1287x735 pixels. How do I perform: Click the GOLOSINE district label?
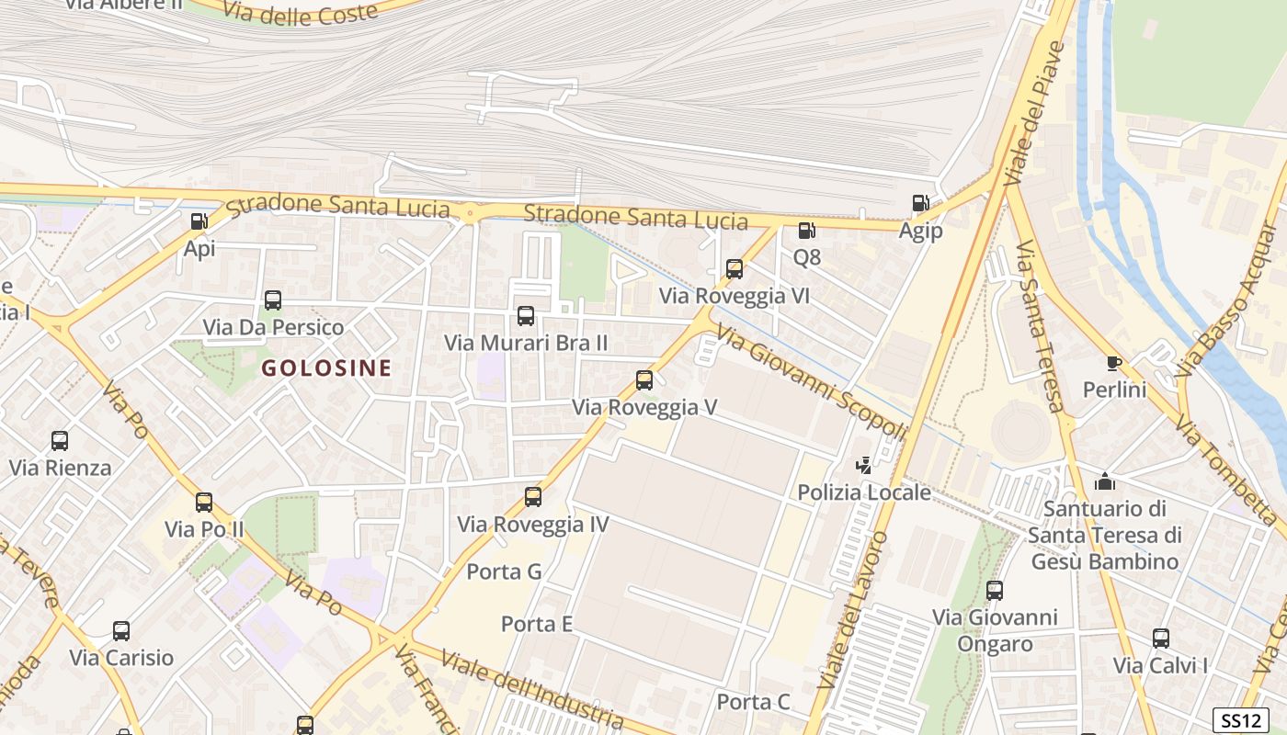click(x=326, y=368)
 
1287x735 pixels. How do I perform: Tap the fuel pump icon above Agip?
click(x=920, y=203)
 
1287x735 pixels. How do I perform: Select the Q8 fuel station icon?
click(x=806, y=231)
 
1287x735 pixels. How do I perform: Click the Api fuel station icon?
click(x=199, y=221)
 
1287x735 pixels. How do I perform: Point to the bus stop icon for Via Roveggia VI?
click(x=734, y=269)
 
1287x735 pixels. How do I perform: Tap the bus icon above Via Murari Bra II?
click(x=526, y=316)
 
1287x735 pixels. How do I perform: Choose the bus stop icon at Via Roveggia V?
click(x=644, y=380)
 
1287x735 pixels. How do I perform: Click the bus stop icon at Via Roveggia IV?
click(x=533, y=498)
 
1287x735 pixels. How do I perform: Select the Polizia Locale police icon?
click(x=863, y=466)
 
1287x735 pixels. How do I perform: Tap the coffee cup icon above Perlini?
click(x=1114, y=363)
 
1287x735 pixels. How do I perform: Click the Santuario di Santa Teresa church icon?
click(x=1104, y=481)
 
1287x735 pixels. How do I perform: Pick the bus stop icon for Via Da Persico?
click(x=273, y=300)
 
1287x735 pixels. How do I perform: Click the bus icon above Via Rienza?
click(x=60, y=441)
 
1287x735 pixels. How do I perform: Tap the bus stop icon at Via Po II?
click(x=204, y=503)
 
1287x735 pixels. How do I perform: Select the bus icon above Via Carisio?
click(x=121, y=631)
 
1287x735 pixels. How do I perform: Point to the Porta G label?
click(x=504, y=571)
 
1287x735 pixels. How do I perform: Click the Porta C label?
click(x=753, y=702)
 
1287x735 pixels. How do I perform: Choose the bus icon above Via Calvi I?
click(x=1161, y=639)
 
